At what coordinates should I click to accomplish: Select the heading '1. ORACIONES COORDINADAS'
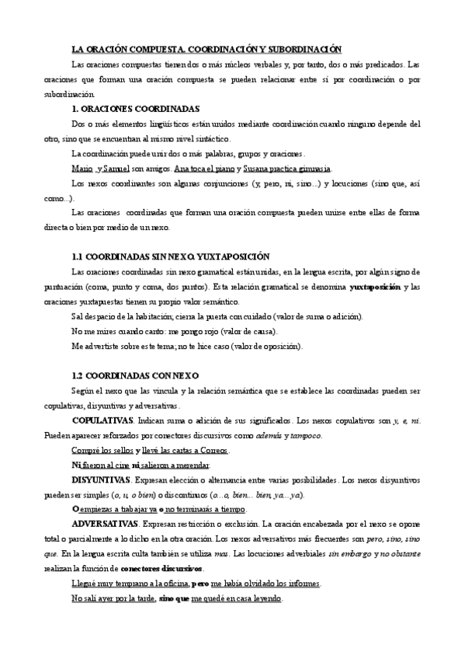[135, 109]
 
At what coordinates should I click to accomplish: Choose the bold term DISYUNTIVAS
[100, 479]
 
